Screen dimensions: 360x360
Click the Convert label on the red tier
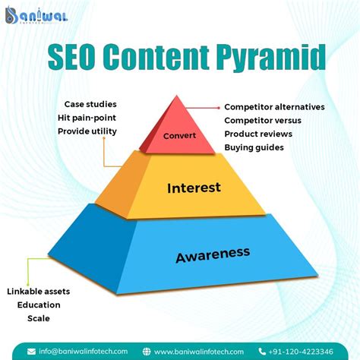point(179,136)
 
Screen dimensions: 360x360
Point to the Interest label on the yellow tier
point(194,187)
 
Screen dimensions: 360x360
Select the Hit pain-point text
point(87,117)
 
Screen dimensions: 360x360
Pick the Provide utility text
point(87,131)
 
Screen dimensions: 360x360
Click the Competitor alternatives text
point(274,107)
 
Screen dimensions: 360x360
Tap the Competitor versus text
point(262,121)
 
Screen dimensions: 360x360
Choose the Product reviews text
point(258,134)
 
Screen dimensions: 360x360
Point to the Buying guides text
point(254,147)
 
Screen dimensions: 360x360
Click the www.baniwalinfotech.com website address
point(200,352)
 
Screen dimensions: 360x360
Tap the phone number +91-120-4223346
point(301,352)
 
